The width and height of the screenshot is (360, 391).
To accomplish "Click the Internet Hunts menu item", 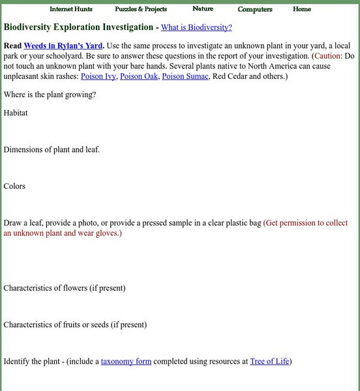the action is coord(71,9).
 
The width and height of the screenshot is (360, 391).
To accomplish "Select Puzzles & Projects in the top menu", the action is coord(141,9).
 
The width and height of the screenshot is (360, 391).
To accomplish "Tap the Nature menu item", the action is coord(203,8).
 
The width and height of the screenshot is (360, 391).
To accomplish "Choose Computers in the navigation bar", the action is coord(255,9).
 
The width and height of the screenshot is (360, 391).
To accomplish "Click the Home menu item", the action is coord(302,9).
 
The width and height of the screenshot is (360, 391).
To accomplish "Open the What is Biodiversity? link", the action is coord(196,27).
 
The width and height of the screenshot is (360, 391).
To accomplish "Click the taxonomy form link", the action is coord(126,361).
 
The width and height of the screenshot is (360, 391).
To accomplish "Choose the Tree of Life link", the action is coord(269,361).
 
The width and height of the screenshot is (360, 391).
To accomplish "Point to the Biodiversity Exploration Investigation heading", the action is coord(79,27).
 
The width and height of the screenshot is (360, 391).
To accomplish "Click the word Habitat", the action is coord(16,113).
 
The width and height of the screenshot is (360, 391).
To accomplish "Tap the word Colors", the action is coord(14,186).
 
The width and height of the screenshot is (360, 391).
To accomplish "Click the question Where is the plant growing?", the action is coord(50,94).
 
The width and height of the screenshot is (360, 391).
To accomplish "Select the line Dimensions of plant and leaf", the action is coord(52,149).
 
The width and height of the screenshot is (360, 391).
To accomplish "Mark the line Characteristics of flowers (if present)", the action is coord(65,287).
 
